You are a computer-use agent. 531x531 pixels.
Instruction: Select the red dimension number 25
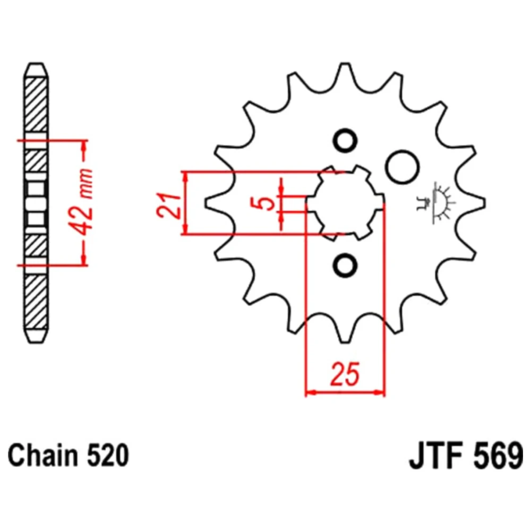344,374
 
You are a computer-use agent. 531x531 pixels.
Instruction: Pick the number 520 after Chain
108,456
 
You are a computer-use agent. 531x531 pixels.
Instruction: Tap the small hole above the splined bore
345,141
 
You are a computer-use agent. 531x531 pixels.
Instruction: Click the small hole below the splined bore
345,264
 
